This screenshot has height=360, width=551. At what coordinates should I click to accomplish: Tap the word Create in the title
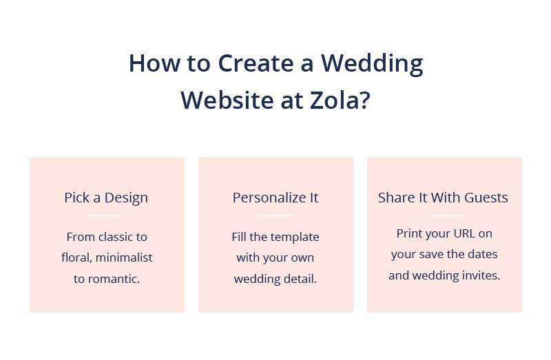point(256,63)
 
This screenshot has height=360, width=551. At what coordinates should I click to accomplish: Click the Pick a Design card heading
point(106,198)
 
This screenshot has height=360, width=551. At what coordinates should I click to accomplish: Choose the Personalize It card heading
point(275,198)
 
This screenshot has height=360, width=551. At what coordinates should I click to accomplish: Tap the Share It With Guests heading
point(443,198)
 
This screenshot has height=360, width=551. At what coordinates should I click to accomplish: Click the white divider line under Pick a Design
point(106,215)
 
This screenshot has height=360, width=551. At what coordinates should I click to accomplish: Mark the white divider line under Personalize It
point(275,215)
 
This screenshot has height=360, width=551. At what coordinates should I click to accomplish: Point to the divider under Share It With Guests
point(444,215)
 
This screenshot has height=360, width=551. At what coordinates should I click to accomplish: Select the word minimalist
point(124,257)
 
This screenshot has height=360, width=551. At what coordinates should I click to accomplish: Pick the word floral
point(75,257)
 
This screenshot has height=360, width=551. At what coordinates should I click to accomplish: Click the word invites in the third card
point(481,275)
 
